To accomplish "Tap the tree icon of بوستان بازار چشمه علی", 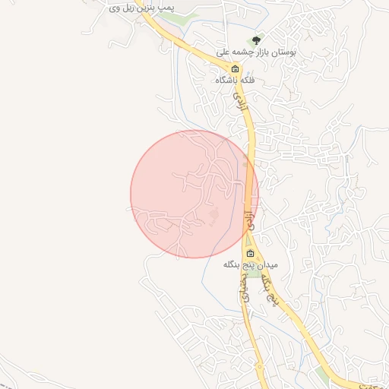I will [x=256, y=40].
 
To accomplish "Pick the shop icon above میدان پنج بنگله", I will [x=250, y=253].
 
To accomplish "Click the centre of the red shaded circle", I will [x=194, y=194].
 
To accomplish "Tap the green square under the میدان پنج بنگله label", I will [x=251, y=273].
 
